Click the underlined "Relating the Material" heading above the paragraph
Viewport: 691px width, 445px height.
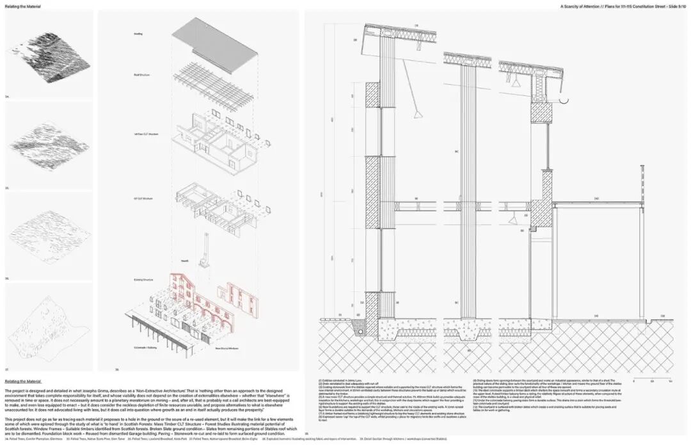[x=22, y=380]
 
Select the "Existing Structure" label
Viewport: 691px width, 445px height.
[x=141, y=280]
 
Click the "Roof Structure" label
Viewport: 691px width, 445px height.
[x=141, y=75]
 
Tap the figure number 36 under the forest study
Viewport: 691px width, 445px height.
[x=8, y=279]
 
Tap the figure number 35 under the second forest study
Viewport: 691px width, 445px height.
[x=8, y=188]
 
